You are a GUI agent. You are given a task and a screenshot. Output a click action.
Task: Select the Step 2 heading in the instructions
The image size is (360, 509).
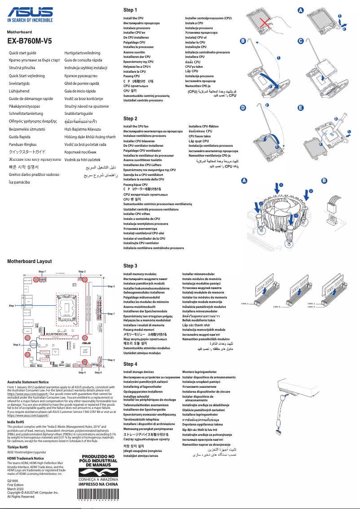(x=130, y=118)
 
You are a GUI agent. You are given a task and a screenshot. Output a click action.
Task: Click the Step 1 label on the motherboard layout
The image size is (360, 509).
(x=12, y=306)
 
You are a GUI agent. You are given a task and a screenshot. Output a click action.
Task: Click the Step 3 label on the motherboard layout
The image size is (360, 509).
(x=111, y=286)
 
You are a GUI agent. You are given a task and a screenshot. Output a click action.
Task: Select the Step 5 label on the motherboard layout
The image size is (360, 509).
(x=16, y=344)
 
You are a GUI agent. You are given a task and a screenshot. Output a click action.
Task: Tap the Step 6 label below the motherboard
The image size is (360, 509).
(x=98, y=373)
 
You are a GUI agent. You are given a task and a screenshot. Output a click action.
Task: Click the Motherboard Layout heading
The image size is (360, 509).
(x=29, y=261)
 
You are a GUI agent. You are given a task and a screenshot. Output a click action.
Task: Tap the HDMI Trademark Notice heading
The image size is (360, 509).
(x=26, y=458)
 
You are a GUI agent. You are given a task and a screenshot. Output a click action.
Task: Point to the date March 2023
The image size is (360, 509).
(x=17, y=488)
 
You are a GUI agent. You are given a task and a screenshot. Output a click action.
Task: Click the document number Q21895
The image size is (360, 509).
(x=13, y=481)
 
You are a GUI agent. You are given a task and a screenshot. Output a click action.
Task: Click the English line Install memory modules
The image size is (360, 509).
(x=140, y=274)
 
